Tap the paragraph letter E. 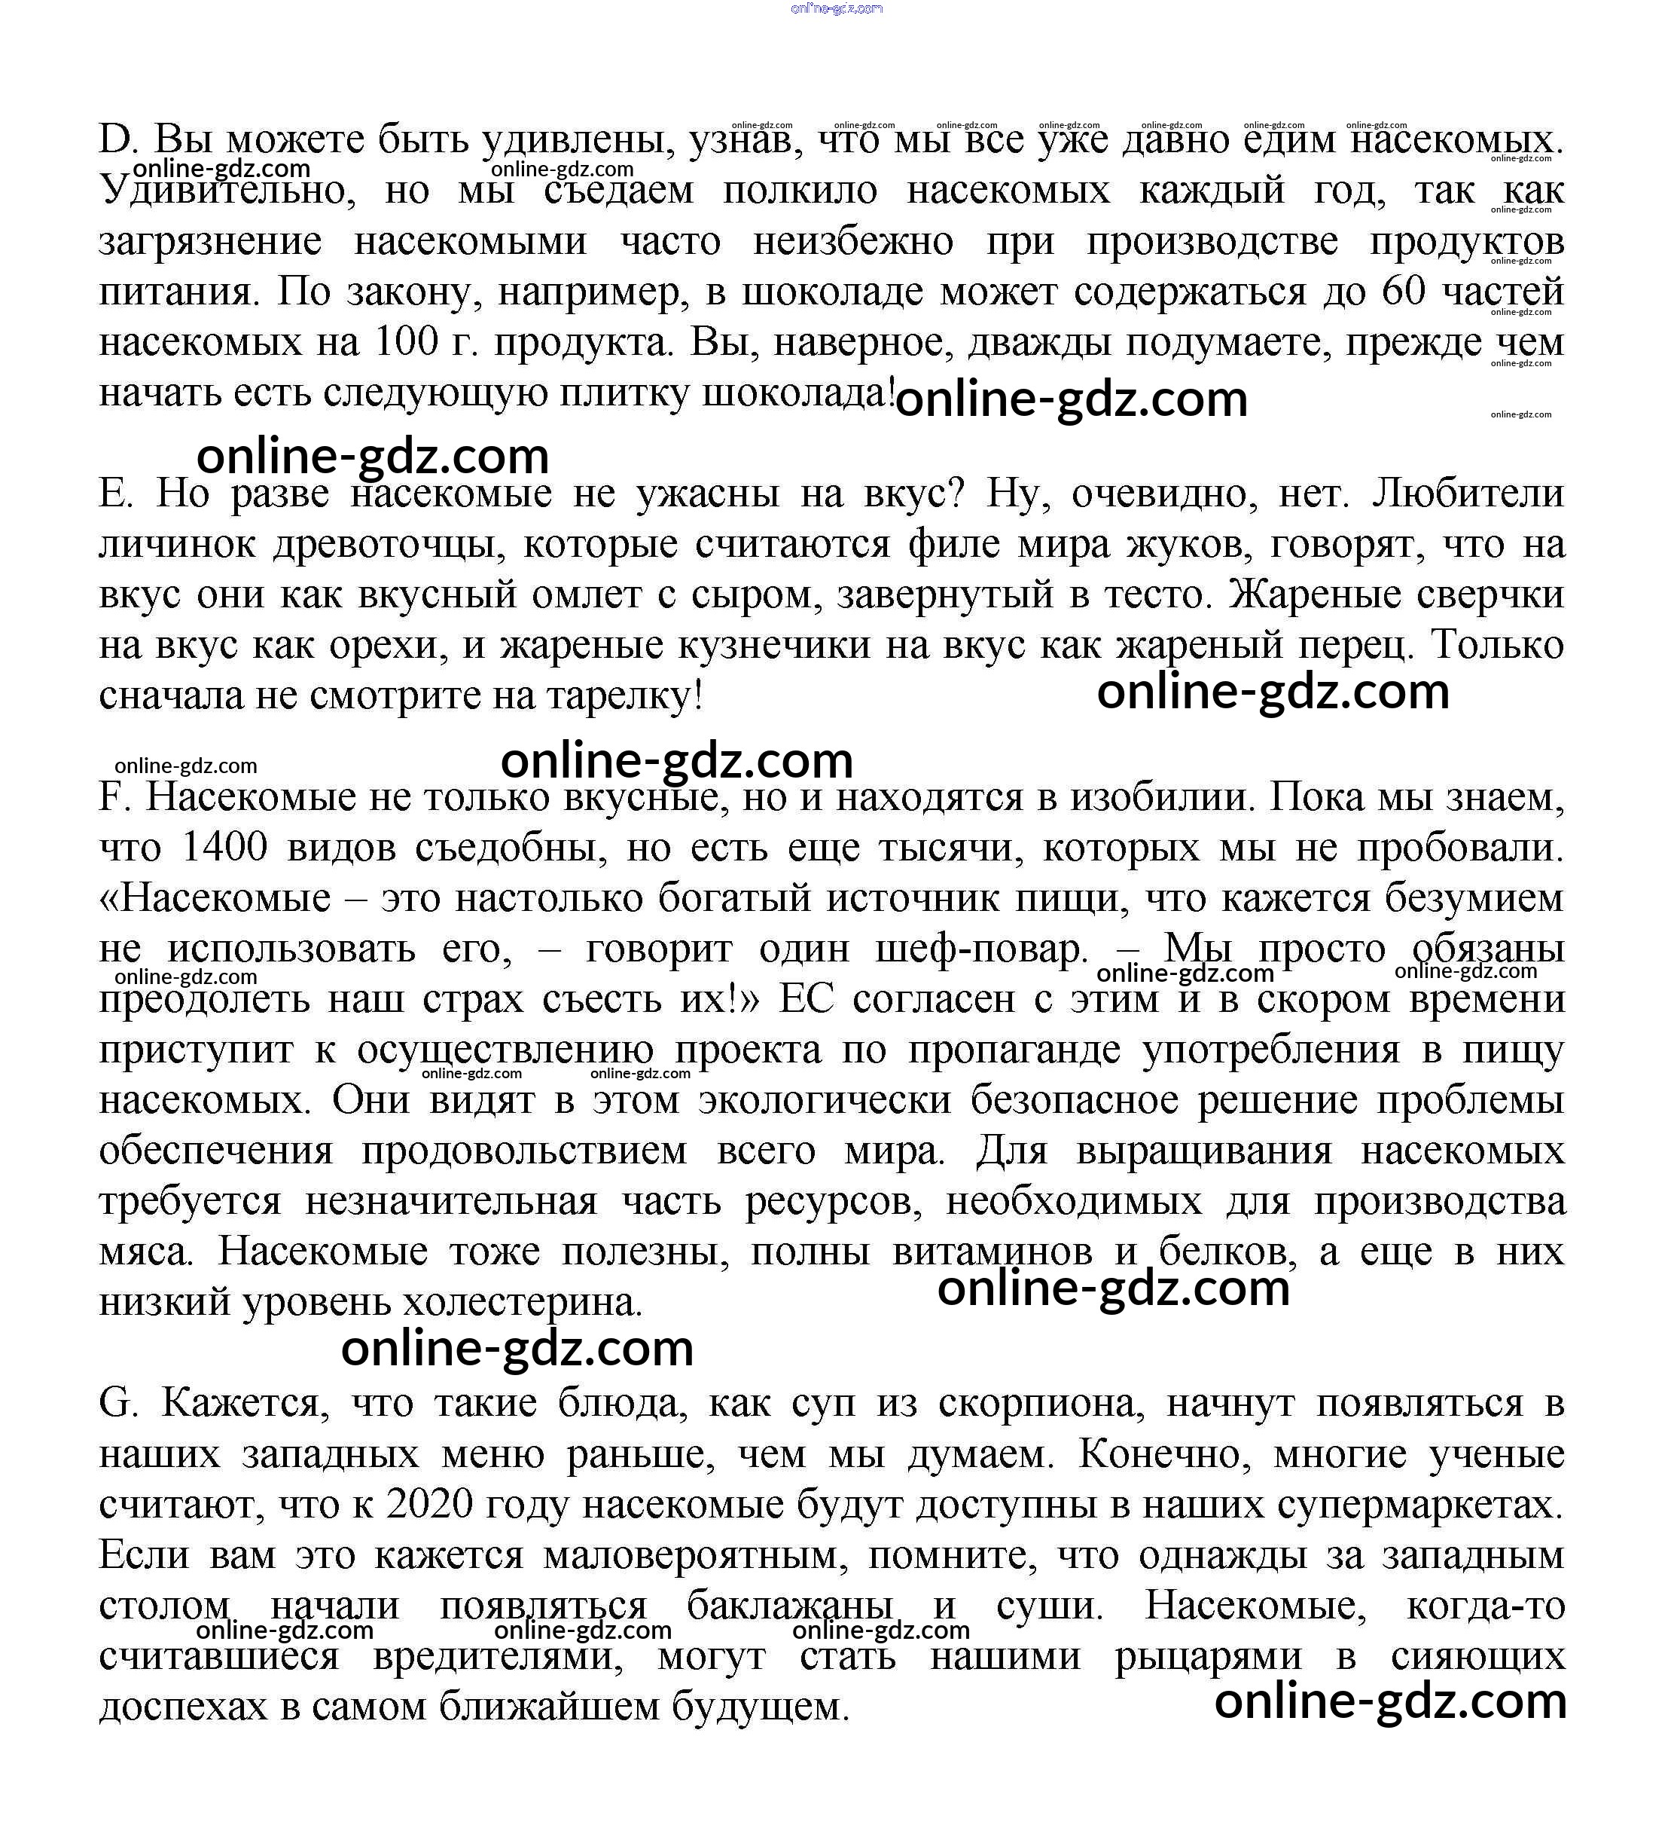(115, 494)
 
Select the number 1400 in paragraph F (224, 848)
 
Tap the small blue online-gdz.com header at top (837, 8)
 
